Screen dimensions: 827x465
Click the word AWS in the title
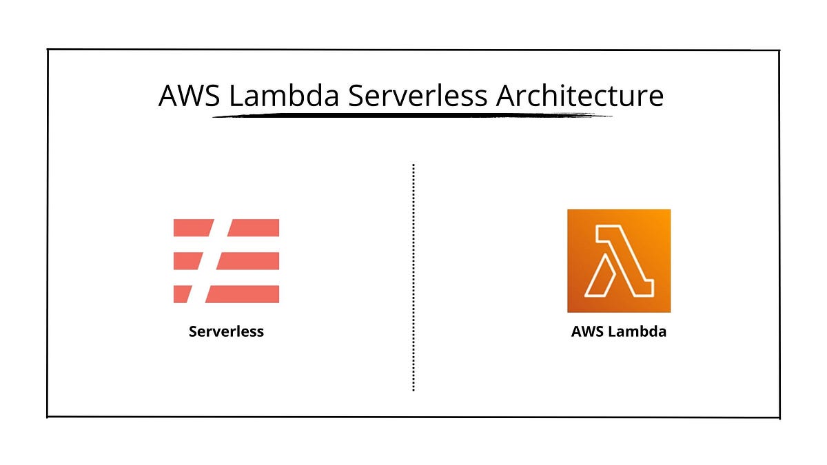189,96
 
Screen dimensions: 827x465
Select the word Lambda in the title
284,95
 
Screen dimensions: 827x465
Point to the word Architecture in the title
580,95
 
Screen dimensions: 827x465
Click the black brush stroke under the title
412,116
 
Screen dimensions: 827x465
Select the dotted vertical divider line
413,278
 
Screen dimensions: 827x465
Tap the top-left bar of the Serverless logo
192,228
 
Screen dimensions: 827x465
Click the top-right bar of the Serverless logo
254,228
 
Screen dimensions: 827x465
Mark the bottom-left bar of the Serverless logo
182,294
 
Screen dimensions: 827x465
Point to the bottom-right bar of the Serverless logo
243,294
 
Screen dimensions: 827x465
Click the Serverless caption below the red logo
226,331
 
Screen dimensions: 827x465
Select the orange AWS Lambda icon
619,261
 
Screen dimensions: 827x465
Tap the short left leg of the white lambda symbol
600,277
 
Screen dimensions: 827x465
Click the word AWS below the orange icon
588,331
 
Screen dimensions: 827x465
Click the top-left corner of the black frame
48,50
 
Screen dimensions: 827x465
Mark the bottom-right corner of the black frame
779,418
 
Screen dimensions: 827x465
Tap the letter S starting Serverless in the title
356,96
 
